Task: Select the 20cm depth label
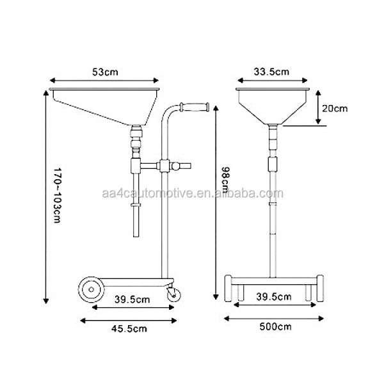click(x=335, y=108)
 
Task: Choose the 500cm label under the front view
click(x=274, y=327)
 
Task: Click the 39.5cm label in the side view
click(x=132, y=299)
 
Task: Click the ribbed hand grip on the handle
click(x=198, y=107)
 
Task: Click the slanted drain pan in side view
click(x=106, y=106)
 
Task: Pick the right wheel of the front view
click(x=317, y=289)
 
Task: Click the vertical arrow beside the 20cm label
click(x=318, y=108)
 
